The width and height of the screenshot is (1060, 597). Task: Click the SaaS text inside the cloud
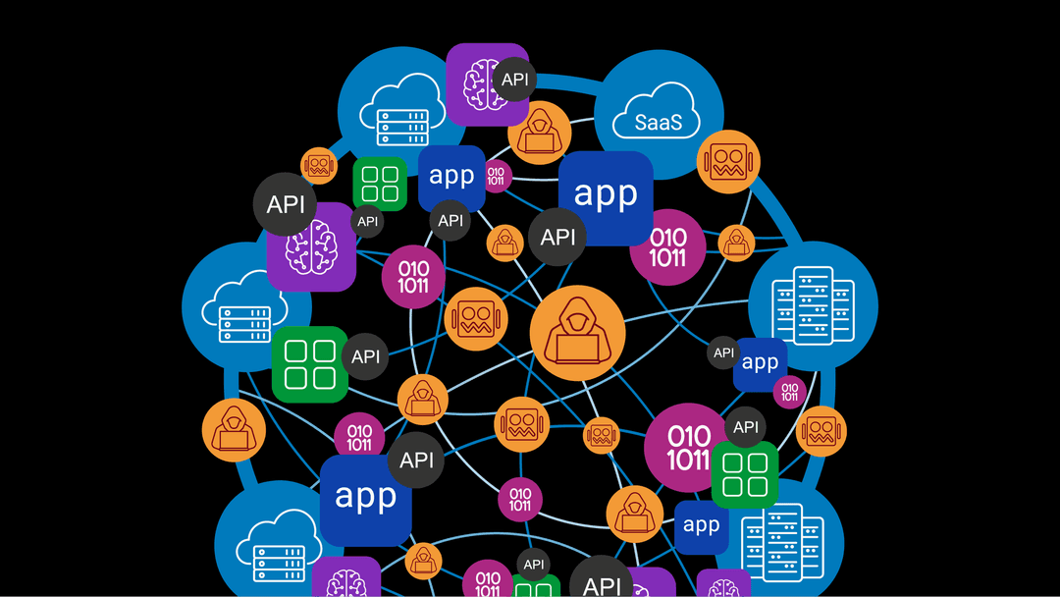coord(653,124)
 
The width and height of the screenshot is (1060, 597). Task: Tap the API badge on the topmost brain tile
coord(514,79)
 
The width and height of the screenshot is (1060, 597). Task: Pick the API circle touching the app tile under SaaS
coord(557,237)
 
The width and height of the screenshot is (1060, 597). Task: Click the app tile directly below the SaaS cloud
coord(606,196)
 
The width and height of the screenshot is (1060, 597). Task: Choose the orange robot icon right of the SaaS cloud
coord(729,161)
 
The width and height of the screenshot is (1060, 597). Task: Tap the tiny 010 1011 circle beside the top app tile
coord(496,177)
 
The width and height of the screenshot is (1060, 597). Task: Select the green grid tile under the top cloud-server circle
coord(380,183)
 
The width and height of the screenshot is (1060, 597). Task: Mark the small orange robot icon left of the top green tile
coord(319,166)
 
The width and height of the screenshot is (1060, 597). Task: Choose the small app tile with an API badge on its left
coord(760,363)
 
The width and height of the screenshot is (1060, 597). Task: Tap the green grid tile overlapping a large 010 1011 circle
coord(744,474)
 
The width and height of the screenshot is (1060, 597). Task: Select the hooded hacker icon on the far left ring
coord(234,430)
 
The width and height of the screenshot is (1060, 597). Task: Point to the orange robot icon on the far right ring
coord(821,431)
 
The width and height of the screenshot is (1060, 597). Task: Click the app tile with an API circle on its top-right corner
coord(365,499)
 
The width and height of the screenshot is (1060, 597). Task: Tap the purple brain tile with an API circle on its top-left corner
coord(311,246)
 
